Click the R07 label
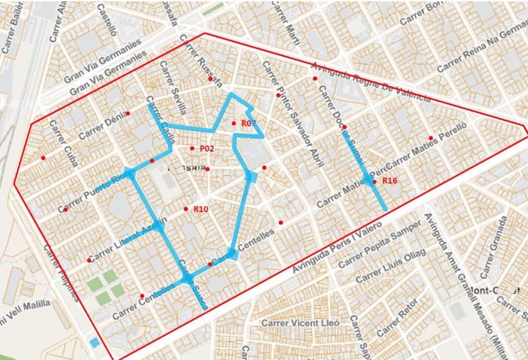(248, 124)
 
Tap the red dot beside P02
(192, 148)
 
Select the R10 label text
(201, 209)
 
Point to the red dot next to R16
(375, 181)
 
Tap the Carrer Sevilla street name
(173, 92)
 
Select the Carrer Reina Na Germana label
(481, 53)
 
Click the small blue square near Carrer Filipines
(95, 342)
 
